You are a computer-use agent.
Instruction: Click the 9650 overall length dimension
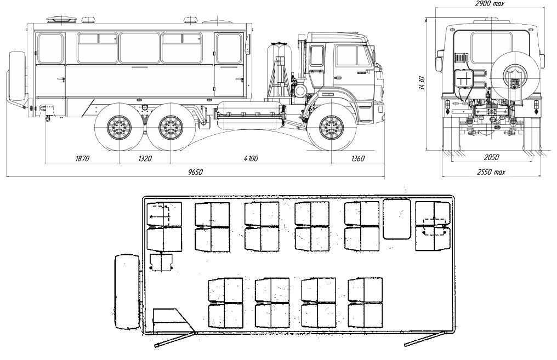[x=195, y=173]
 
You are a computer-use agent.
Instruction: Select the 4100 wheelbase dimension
[x=251, y=158]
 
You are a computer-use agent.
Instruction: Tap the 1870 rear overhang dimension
[x=82, y=158]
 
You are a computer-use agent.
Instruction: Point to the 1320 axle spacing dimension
[x=145, y=158]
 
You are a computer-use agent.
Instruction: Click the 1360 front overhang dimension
[x=357, y=158]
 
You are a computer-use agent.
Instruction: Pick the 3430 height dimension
[x=422, y=83]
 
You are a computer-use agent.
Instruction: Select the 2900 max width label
[x=490, y=3]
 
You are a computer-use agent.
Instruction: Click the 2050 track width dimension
[x=491, y=157]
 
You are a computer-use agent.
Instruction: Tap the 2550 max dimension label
[x=491, y=172]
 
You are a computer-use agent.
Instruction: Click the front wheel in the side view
[x=332, y=127]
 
